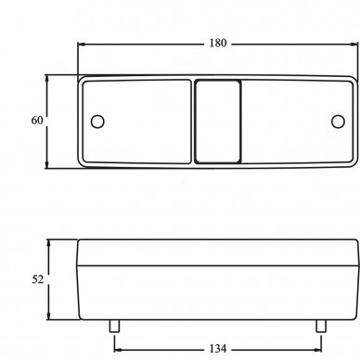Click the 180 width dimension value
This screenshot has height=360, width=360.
coord(218,43)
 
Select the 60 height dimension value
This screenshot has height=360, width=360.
coord(37,121)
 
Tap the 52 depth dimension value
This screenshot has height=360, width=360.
coord(38,279)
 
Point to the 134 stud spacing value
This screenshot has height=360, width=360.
coord(218,349)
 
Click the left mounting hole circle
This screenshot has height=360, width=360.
coord(97,122)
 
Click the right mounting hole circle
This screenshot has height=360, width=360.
coord(338,122)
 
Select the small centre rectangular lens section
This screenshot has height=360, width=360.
coord(218,122)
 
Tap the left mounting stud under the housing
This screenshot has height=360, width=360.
coord(114,326)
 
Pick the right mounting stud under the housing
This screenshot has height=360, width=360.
coord(321,326)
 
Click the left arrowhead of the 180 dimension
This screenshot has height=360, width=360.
coord(82,45)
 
